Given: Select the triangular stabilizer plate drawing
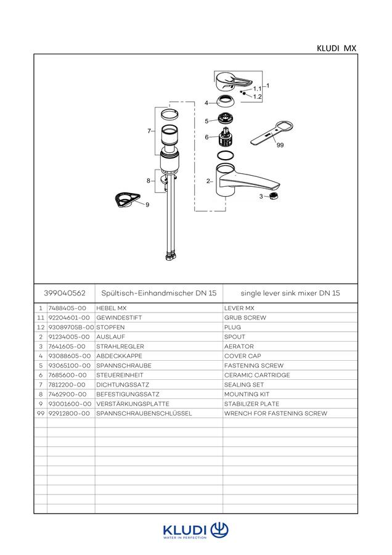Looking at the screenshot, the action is (x=128, y=200).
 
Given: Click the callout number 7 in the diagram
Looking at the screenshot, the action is (x=149, y=131).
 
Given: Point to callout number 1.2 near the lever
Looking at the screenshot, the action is (x=257, y=97).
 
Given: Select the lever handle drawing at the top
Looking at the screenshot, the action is (x=234, y=82).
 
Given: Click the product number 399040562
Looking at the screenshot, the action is (x=65, y=293).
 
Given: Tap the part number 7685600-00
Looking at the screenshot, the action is (x=67, y=375).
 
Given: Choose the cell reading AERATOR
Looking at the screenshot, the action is (x=239, y=346).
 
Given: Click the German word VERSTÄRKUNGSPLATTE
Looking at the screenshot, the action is (x=133, y=403).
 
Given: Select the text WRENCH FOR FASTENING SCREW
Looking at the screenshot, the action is (x=276, y=413).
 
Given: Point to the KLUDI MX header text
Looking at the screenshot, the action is (x=337, y=48).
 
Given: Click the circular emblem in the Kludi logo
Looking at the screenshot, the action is (x=219, y=530).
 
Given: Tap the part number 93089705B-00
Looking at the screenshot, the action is (x=71, y=327).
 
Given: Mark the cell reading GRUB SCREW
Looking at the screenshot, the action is (x=245, y=318).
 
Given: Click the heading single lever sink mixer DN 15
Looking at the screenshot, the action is (x=290, y=293).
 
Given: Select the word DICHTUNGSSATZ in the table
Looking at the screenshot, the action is (x=123, y=384).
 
